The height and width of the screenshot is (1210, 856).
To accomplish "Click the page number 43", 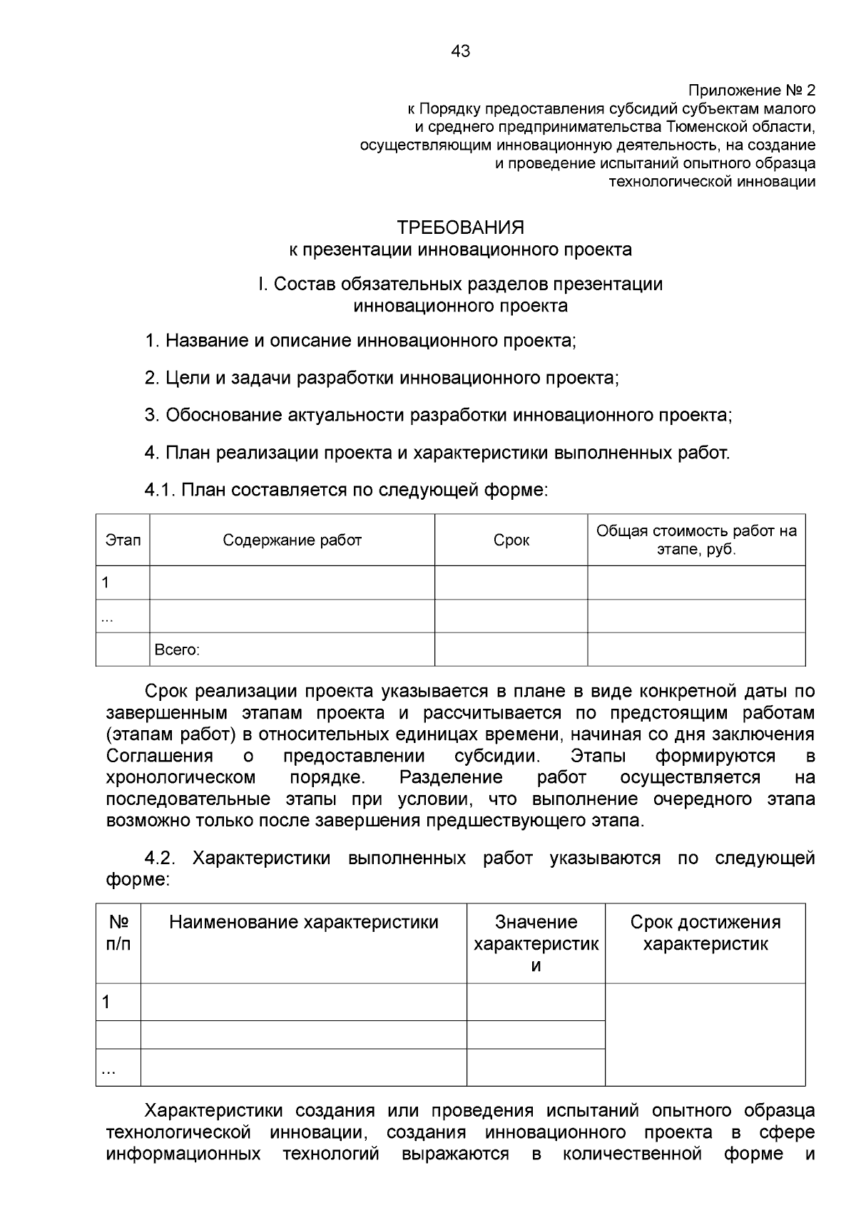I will [x=460, y=51].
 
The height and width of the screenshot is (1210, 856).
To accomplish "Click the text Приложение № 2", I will [x=750, y=91].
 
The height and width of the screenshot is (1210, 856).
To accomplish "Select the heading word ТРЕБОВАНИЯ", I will [x=460, y=227].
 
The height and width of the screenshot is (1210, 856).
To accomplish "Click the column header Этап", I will [x=123, y=540].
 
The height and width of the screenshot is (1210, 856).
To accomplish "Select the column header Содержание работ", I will [x=292, y=540].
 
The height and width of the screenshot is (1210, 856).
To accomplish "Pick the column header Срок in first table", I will [x=511, y=540].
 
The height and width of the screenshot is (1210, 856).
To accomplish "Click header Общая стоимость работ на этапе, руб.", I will [x=696, y=540].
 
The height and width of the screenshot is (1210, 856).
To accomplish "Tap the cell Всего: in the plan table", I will [x=177, y=650].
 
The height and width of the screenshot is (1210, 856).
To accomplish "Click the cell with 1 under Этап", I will [x=106, y=583].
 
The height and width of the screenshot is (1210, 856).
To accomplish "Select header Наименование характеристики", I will [x=303, y=922].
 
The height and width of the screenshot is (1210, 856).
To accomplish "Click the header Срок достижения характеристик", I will [x=705, y=933].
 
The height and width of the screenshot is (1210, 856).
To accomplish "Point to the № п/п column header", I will [x=118, y=933].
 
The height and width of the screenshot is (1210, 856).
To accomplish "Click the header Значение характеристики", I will [x=536, y=943].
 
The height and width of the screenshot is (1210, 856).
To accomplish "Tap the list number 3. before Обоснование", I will [x=151, y=415].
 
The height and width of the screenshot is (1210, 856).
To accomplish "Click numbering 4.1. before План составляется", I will [x=160, y=490].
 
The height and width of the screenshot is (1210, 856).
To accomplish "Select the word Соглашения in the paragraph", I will [x=159, y=756].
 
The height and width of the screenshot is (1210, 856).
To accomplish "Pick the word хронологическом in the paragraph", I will [x=180, y=777].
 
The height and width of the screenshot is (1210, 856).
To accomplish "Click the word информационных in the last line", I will [x=183, y=1154].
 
